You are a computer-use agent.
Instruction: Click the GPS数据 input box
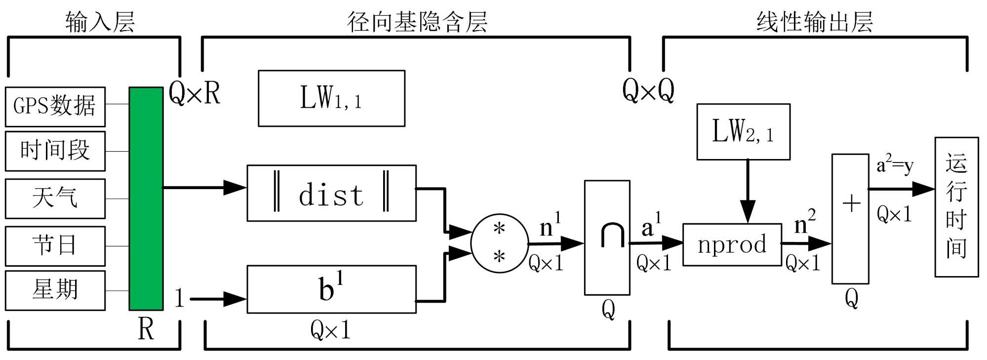[x=55, y=107]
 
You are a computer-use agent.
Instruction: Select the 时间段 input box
[x=55, y=151]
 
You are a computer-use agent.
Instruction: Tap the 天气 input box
[x=55, y=199]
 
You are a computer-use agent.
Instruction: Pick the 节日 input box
[x=55, y=246]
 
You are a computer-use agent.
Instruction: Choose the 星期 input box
[x=55, y=290]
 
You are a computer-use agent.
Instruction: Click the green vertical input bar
[x=146, y=199]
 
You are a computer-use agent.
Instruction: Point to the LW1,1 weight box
[x=331, y=98]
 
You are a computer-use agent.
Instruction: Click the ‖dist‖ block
[x=331, y=193]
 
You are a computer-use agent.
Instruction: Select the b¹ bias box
[x=331, y=289]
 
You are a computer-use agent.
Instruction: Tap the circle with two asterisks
[x=499, y=243]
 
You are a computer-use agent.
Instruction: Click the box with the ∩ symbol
[x=607, y=238]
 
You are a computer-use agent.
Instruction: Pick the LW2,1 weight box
[x=743, y=132]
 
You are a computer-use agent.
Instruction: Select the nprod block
[x=732, y=245]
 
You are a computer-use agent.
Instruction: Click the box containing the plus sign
[x=850, y=219]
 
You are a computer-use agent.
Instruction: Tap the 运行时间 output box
[x=956, y=207]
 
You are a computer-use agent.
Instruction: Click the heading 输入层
[x=100, y=22]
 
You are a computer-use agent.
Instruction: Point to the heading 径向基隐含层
[x=417, y=22]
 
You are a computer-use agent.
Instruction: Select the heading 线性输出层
[x=815, y=22]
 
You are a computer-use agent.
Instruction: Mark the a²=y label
[x=895, y=165]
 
